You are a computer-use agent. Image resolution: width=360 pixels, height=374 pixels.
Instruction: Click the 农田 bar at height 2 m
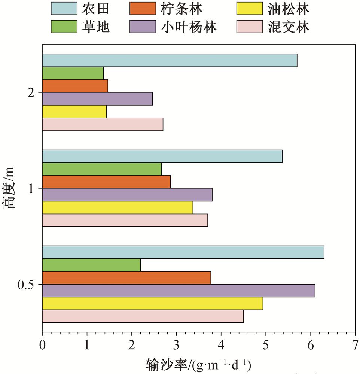170,60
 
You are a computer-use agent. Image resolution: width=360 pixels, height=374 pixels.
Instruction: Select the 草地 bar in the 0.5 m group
91,265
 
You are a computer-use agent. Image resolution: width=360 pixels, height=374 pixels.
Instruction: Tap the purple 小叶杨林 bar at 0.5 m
179,291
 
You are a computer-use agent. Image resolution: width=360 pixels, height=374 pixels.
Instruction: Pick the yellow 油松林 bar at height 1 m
118,207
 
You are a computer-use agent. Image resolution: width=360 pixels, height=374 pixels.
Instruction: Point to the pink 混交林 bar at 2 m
103,124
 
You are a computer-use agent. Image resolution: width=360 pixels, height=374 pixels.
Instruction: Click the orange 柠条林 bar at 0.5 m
126,278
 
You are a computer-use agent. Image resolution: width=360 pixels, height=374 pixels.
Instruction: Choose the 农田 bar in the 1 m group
162,156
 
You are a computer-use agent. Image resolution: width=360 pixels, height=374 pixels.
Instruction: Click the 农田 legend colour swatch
65,8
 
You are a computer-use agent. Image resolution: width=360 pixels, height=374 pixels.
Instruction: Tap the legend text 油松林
289,8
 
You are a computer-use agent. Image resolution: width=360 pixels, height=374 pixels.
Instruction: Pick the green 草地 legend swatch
65,27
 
